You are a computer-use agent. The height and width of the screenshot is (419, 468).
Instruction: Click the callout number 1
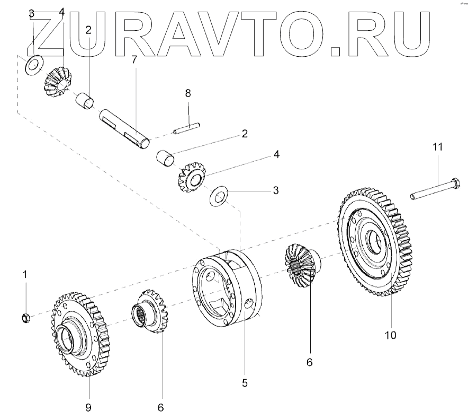[x=24, y=274]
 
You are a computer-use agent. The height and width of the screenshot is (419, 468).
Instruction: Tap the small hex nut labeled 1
[x=24, y=318]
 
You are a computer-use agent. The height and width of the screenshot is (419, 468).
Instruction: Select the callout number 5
[x=244, y=382]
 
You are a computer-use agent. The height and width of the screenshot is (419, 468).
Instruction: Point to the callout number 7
[x=134, y=59]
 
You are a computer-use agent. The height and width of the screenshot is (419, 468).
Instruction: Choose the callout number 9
[x=88, y=407]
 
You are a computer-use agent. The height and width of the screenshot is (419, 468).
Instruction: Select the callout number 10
[x=391, y=335]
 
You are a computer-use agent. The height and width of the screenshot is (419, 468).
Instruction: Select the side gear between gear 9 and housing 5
[x=150, y=312]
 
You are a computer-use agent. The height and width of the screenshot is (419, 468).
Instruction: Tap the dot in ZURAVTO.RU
[x=337, y=51]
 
